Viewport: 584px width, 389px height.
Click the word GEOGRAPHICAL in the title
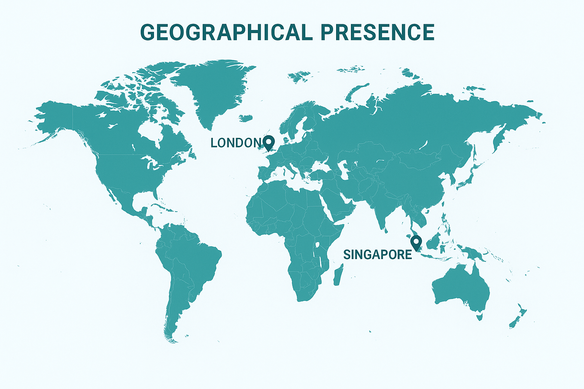pos(226,32)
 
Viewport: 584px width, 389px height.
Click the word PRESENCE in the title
pos(378,32)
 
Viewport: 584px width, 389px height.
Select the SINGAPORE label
pos(378,255)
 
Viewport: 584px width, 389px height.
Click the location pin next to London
pos(269,142)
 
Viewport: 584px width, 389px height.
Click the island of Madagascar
pos(338,275)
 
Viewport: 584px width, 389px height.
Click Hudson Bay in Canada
pos(150,131)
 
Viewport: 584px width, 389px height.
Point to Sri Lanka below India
pos(386,229)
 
